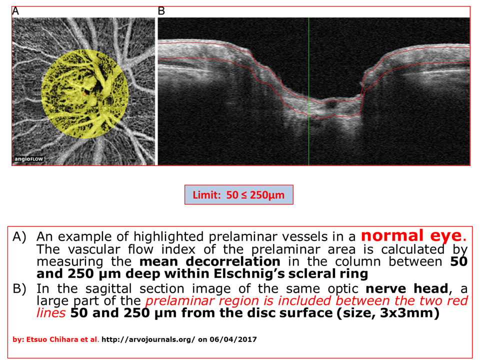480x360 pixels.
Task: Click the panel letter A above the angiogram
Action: pos(15,11)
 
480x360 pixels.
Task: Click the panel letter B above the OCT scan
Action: pos(161,11)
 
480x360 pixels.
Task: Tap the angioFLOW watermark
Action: pos(29,159)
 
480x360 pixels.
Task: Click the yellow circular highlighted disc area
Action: pos(85,93)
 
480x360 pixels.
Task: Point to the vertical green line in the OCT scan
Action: pos(308,91)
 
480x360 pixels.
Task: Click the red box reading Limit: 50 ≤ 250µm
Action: pos(239,194)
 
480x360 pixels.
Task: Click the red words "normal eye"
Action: pos(411,235)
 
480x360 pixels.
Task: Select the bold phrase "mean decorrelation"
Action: pos(209,261)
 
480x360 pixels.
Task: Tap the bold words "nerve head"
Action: pos(407,288)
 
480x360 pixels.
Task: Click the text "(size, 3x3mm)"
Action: pos(388,313)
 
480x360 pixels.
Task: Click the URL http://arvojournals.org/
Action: pos(148,339)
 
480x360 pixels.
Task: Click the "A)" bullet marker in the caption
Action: pos(19,237)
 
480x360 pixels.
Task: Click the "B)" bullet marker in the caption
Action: pos(19,288)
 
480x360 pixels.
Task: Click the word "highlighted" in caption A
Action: pos(168,237)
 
